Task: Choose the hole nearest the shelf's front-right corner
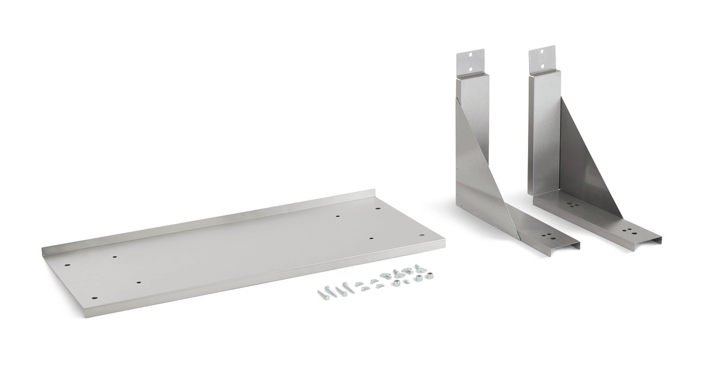click(x=421, y=235)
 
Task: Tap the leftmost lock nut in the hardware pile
click(x=395, y=283)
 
